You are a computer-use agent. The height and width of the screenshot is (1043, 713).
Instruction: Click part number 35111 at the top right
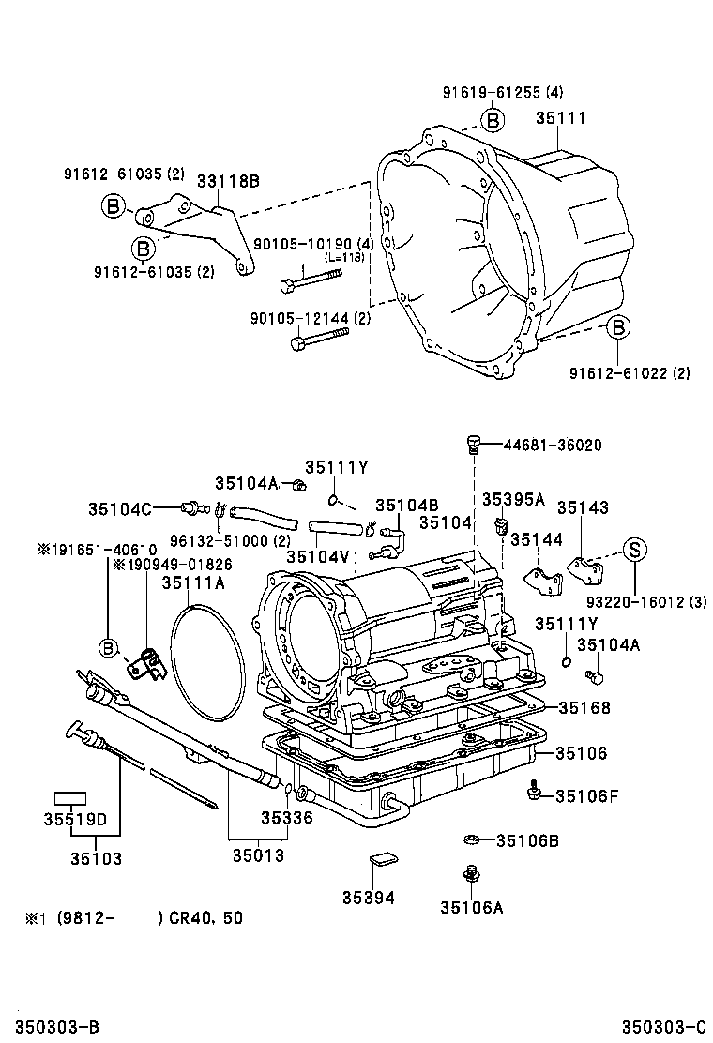[x=560, y=119]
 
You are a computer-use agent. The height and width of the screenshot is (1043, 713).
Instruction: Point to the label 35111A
[x=192, y=582]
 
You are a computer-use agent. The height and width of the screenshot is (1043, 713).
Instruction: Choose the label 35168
[x=584, y=707]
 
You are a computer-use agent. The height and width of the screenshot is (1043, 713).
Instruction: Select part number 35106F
[x=586, y=795]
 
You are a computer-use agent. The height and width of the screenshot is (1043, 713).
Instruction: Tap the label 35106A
[x=471, y=907]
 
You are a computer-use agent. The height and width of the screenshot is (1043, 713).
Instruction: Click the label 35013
[x=258, y=856]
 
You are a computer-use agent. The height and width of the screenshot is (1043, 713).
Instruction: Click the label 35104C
[x=120, y=508]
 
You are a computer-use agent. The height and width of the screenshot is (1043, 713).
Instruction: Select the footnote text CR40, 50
[x=205, y=918]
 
